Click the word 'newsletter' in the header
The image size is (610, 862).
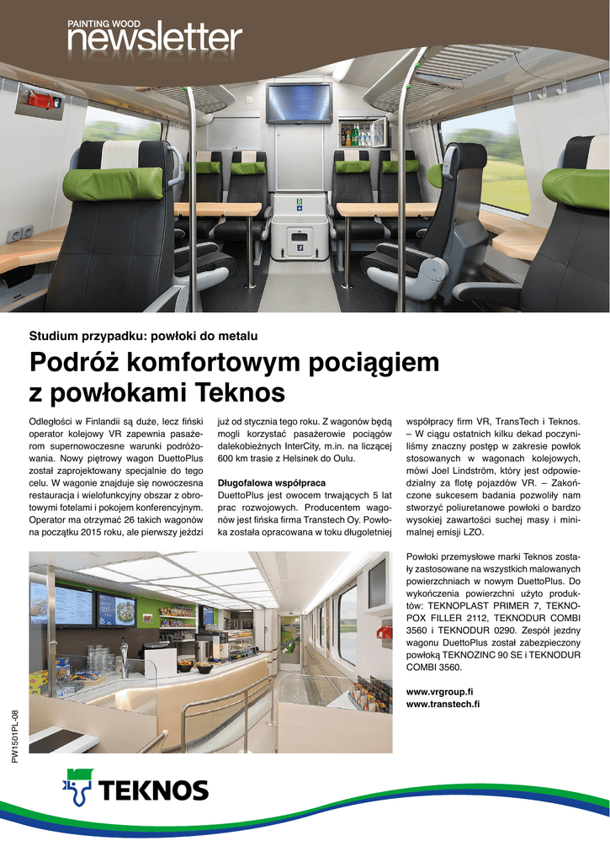(155, 39)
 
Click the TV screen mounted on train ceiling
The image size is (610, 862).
(299, 103)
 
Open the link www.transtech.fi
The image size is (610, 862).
(443, 704)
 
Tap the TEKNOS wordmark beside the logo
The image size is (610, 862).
(155, 790)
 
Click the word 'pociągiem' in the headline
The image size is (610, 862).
(367, 363)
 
